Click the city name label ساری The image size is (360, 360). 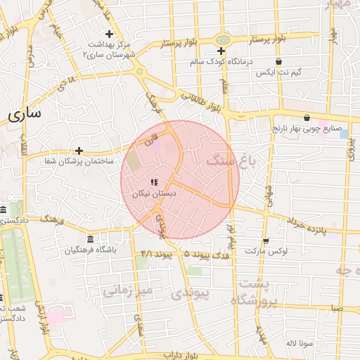pos(25,112)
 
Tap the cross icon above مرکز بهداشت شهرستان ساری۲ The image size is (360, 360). pos(109,34)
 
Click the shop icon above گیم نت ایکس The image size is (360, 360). pos(279,62)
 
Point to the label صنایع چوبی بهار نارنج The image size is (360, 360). pos(307,129)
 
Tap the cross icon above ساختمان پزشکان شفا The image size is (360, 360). pos(79,150)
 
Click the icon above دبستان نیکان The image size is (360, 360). pos(154,183)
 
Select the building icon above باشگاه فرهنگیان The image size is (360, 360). pos(89,239)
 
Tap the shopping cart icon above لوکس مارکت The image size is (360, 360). pos(265,240)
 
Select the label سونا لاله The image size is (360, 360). pos(299,343)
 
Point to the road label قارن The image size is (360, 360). pos(150,141)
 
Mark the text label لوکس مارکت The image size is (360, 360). pos(262,251)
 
